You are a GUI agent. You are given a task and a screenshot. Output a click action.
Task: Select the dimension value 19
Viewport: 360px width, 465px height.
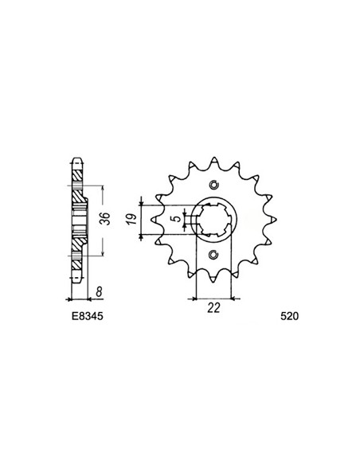coord(133,216)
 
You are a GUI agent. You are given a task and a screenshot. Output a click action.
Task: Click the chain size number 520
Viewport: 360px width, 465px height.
coord(289,316)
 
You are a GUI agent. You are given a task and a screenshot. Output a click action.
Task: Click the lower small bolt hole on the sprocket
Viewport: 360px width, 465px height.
coord(213,256)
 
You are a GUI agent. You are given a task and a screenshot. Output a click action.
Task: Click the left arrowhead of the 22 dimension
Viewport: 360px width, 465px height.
coord(194,299)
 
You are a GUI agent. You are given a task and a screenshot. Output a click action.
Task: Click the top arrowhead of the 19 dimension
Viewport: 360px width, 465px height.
coord(141,199)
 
